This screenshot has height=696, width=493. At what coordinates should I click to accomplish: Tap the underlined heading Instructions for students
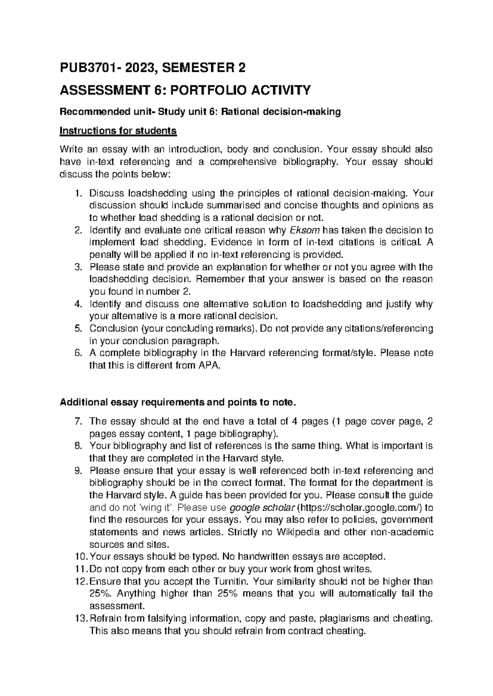click(118, 131)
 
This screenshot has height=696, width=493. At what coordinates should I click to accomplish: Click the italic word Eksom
click(302, 230)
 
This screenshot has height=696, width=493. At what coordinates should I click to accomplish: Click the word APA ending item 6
click(210, 365)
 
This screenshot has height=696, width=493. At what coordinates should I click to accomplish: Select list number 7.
click(80, 421)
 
